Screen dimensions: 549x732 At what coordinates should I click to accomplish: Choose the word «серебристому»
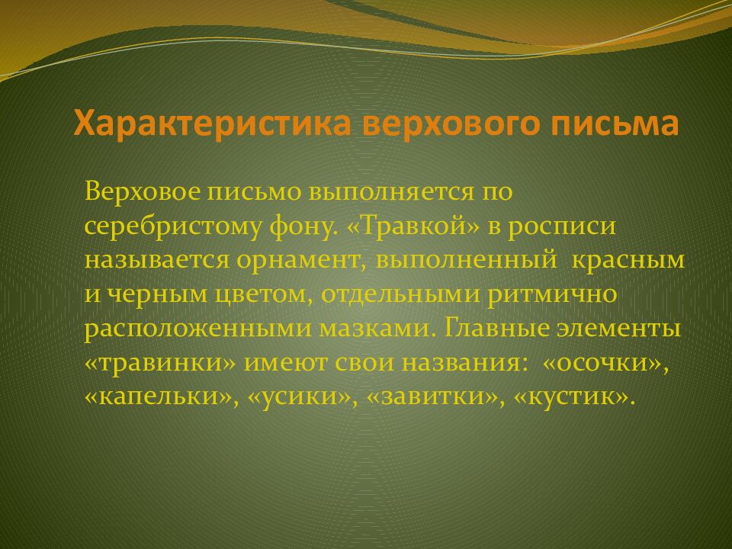coord(171,226)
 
